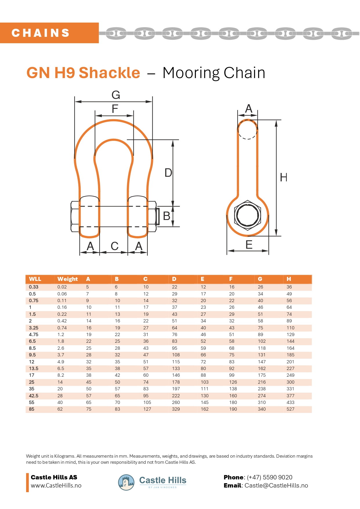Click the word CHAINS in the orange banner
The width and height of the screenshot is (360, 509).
41,33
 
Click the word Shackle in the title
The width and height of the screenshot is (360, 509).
109,73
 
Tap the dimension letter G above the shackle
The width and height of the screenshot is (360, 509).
116,95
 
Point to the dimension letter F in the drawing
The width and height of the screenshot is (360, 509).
115,109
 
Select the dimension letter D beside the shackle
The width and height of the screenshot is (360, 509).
168,173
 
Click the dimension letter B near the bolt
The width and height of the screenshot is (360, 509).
167,216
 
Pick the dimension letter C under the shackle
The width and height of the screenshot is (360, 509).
115,246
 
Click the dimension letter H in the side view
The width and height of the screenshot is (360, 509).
284,177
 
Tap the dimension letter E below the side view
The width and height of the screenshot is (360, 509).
249,245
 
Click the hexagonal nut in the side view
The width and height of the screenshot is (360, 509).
247,215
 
